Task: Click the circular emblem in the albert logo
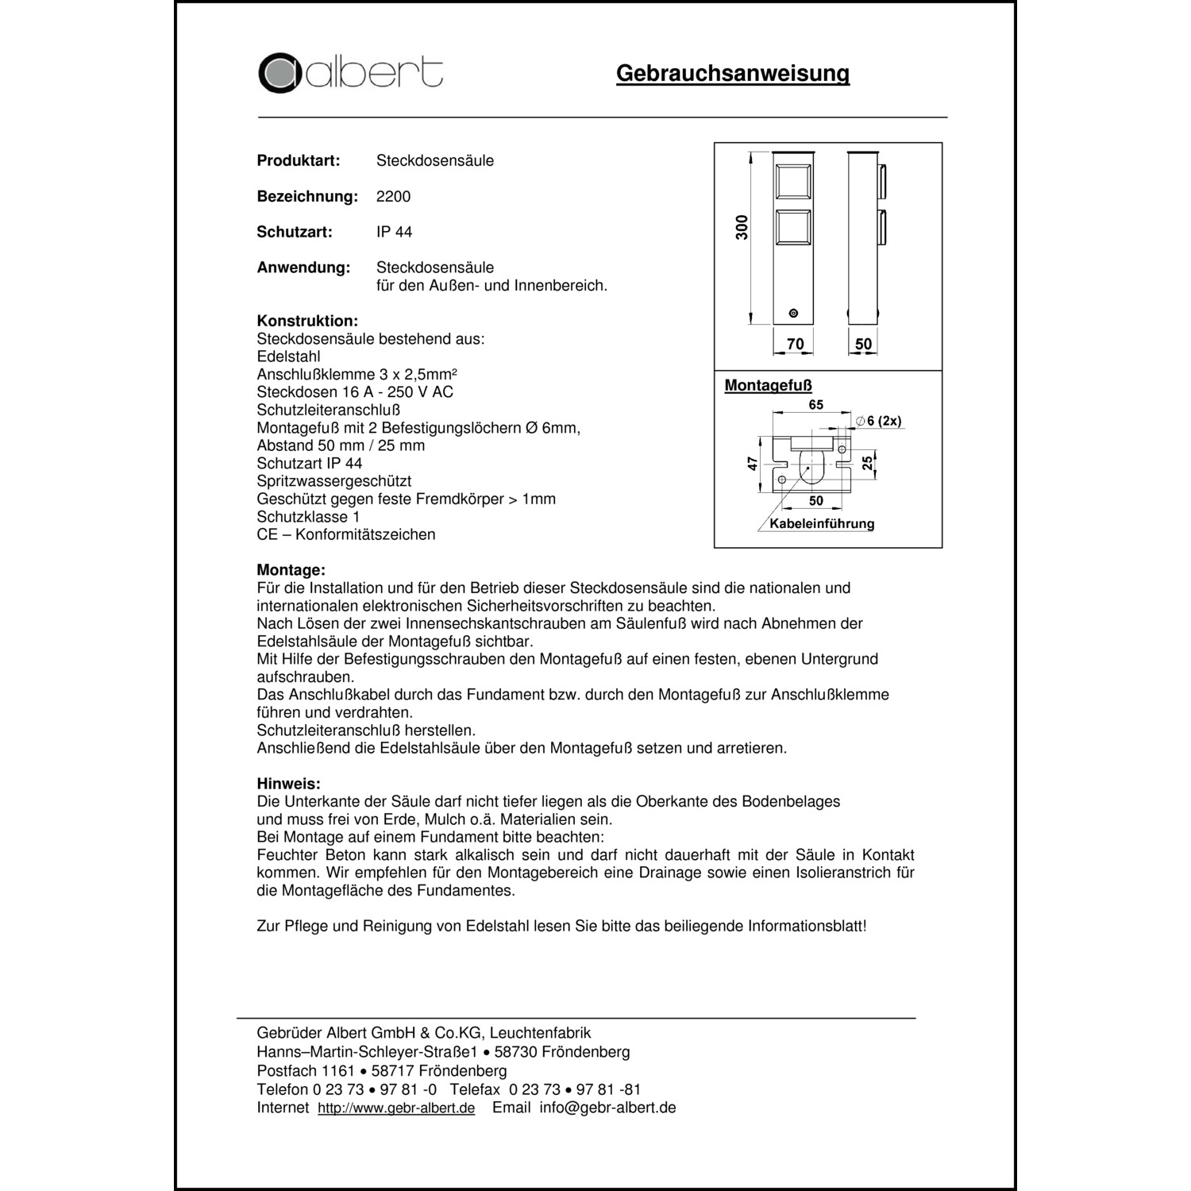[x=278, y=73]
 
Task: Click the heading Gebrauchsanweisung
[x=732, y=74]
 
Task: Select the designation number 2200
[x=393, y=196]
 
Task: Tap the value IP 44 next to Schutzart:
[x=394, y=232]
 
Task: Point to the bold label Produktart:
[x=298, y=160]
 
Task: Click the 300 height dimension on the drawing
[x=742, y=228]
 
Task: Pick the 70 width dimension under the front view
[x=795, y=344]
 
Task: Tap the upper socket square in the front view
[x=793, y=182]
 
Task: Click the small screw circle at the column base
[x=793, y=314]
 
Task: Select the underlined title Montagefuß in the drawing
[x=768, y=386]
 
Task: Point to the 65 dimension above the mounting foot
[x=815, y=405]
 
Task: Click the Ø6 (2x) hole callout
[x=878, y=421]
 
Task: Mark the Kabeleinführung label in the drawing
[x=822, y=523]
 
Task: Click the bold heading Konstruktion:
[x=307, y=321]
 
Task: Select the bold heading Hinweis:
[x=288, y=784]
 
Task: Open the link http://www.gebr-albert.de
[x=396, y=1108]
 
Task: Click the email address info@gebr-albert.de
[x=607, y=1108]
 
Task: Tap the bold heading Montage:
[x=291, y=570]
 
